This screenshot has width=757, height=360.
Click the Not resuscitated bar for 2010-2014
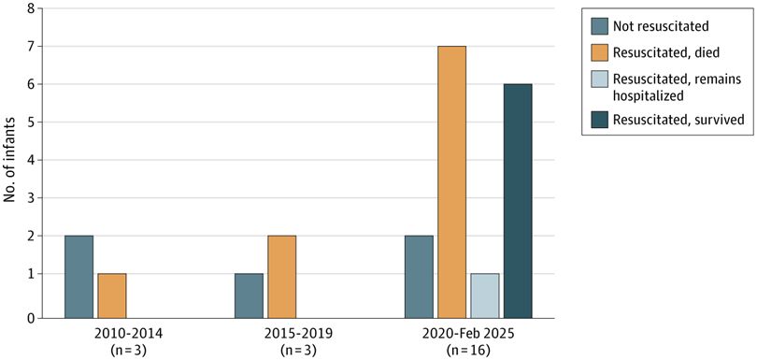79,276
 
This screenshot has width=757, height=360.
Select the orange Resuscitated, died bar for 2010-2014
111,295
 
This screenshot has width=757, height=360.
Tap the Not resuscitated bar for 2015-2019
249,295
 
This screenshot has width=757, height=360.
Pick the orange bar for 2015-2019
281,276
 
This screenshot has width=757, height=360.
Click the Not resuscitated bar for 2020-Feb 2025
419,276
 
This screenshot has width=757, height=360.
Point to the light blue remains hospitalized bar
484,295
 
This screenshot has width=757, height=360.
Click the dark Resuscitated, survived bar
517,200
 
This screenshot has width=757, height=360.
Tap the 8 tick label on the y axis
31,9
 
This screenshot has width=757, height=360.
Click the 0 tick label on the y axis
31,318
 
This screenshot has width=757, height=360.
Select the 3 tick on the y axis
31,198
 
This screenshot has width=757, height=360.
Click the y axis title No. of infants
10,164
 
